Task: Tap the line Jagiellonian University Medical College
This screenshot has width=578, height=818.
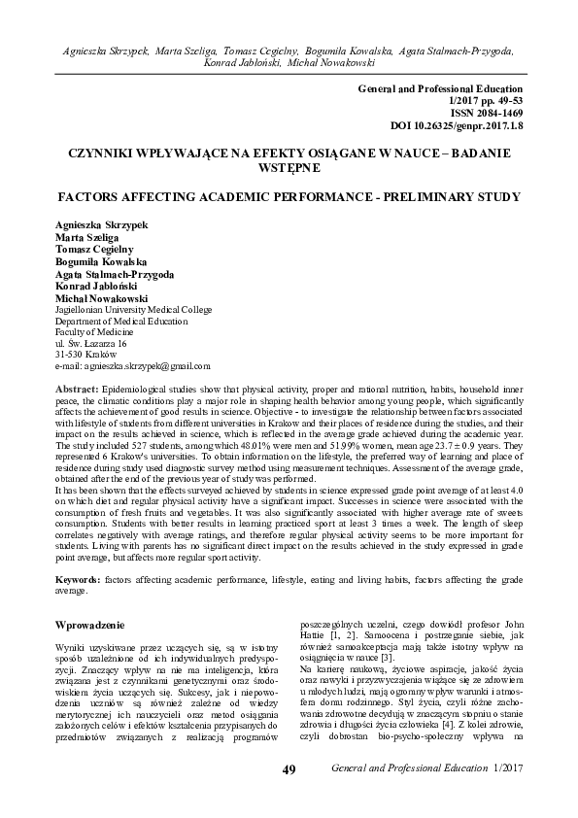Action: coord(126,308)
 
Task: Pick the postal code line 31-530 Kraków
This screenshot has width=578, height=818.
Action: coord(88,355)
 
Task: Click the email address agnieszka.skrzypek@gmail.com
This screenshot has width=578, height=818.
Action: coord(133,366)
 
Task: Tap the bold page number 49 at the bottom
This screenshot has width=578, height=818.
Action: coord(289,798)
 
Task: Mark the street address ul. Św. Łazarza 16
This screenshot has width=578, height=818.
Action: coord(92,343)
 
